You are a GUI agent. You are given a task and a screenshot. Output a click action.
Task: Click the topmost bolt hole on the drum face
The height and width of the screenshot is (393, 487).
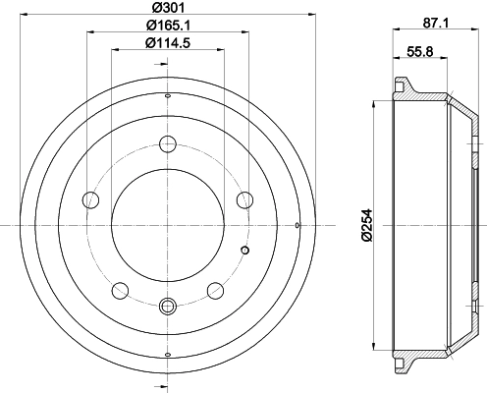pos(168,145)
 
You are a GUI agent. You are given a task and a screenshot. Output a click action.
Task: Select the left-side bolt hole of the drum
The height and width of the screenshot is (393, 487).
pos(92,200)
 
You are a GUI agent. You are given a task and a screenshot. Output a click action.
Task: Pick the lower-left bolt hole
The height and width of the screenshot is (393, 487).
pos(121,290)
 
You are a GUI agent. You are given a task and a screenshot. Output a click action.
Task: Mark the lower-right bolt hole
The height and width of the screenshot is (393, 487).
pos(214,290)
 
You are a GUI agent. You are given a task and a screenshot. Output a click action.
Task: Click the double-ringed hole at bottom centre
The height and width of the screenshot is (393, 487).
pos(168,306)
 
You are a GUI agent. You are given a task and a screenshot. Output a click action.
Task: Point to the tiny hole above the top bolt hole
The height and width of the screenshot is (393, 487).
pos(168,95)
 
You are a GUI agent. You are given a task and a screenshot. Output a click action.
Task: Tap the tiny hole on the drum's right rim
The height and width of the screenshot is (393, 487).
pos(298,226)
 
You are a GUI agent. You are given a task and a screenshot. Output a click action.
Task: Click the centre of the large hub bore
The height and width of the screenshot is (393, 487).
pos(168,226)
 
